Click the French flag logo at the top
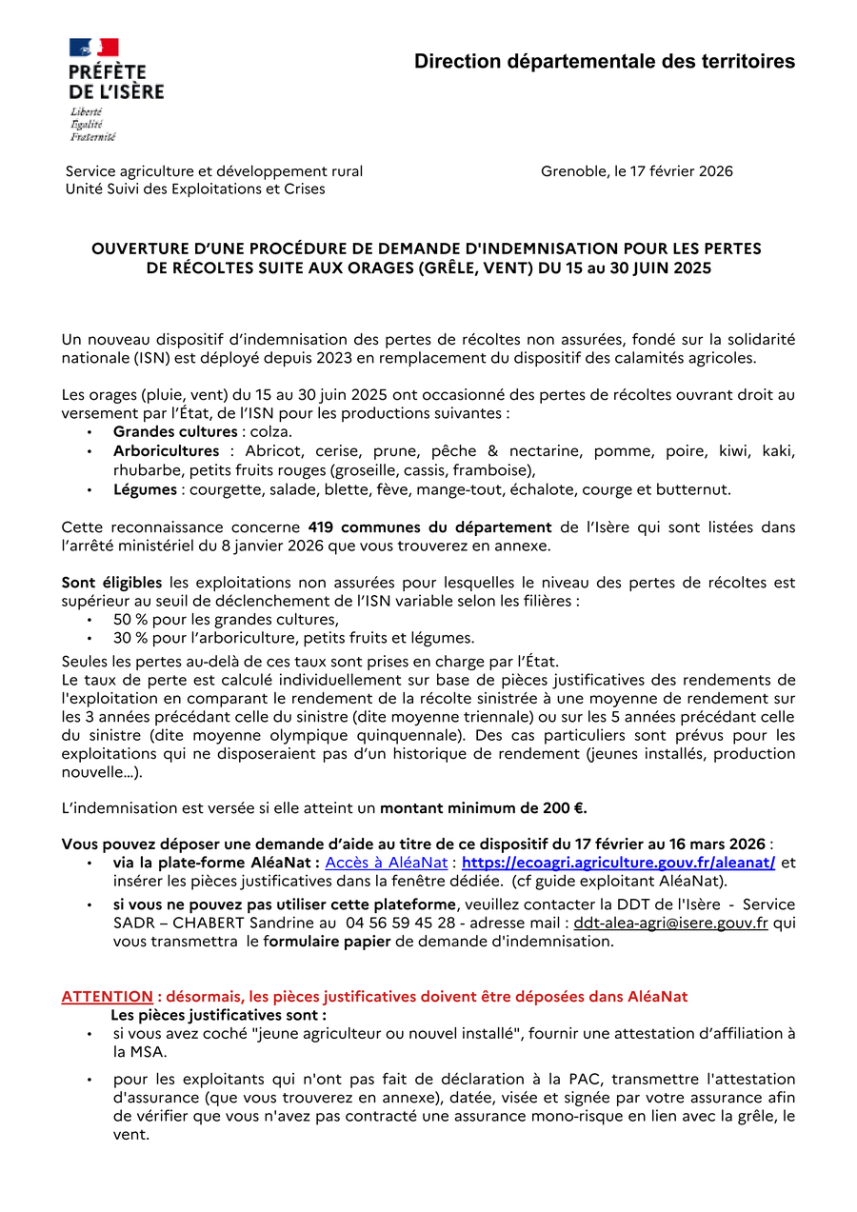[x=93, y=48]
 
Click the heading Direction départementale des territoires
[x=604, y=62]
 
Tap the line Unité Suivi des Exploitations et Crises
[x=195, y=189]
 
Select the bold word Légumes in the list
[x=145, y=489]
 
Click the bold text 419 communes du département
[x=429, y=527]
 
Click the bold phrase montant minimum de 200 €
[x=484, y=808]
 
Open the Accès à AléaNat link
[x=387, y=863]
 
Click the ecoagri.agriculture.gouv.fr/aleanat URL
[x=618, y=863]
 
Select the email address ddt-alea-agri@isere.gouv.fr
[x=670, y=923]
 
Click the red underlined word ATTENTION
[x=107, y=997]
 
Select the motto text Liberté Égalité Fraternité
[x=92, y=125]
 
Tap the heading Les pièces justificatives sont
[x=218, y=1015]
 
